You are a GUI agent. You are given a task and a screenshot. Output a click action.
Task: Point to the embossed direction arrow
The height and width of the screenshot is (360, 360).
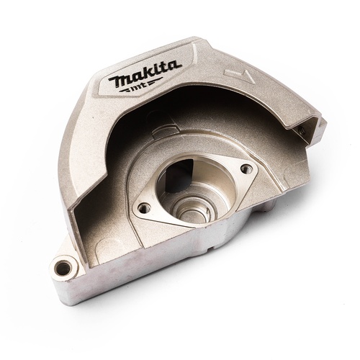(x=239, y=76)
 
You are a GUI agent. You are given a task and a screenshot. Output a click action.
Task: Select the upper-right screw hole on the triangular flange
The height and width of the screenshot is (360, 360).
(x=246, y=168)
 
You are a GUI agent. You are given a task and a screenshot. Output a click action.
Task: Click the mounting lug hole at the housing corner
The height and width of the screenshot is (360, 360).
(x=63, y=267)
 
